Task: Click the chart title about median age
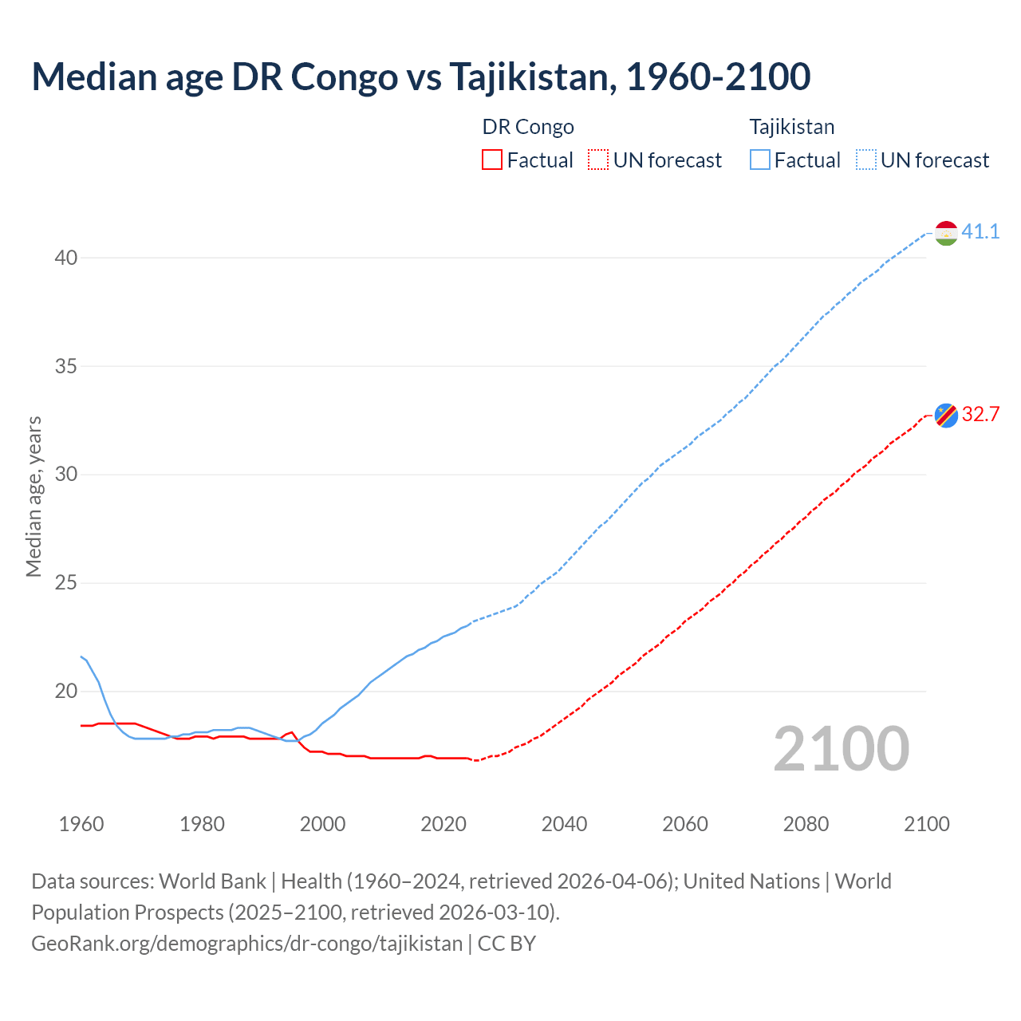point(421,77)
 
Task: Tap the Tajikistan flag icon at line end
point(946,233)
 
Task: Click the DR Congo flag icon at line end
point(946,415)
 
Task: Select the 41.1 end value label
point(980,232)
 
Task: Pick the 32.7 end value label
point(980,414)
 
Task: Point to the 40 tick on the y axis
point(66,258)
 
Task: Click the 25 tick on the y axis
point(66,583)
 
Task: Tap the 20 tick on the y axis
point(66,692)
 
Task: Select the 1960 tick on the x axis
point(81,824)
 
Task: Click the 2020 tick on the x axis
point(443,824)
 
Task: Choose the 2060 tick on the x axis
point(685,824)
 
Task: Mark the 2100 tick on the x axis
point(927,824)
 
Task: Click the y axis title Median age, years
point(34,496)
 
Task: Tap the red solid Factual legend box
point(492,160)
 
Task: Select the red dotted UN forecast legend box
point(598,160)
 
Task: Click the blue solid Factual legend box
point(760,160)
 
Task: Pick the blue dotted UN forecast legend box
point(866,160)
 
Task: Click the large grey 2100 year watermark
point(842,749)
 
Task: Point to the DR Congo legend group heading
point(528,127)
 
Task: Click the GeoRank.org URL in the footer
point(246,944)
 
